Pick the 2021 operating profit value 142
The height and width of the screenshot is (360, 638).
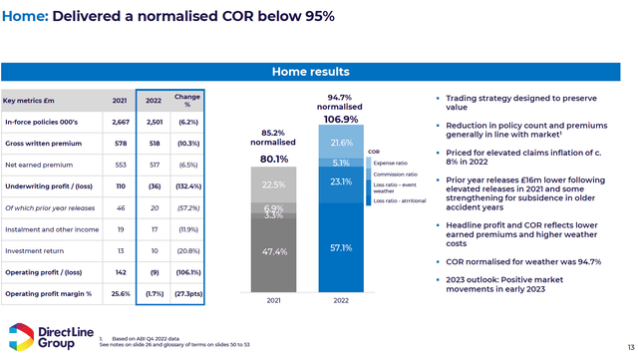click(119, 270)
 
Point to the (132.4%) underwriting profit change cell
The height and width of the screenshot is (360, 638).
click(187, 185)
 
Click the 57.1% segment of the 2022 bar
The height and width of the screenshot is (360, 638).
click(341, 247)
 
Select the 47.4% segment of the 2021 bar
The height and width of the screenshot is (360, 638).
click(272, 252)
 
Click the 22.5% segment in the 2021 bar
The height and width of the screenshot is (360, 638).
click(272, 182)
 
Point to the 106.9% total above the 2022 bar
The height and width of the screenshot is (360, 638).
click(341, 120)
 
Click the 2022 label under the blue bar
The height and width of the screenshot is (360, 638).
click(341, 299)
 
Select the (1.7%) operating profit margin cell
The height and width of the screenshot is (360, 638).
click(152, 293)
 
